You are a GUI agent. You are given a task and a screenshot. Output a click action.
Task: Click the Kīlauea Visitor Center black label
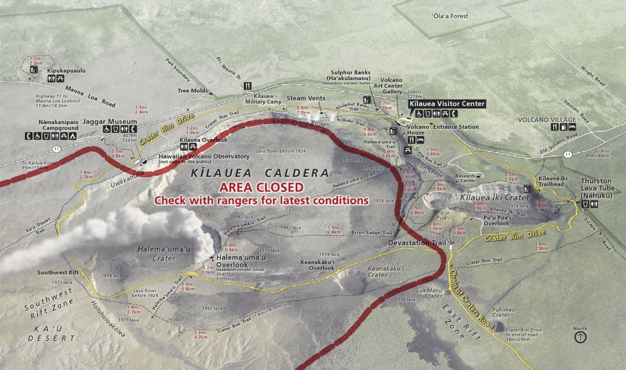pyautogui.click(x=447, y=103)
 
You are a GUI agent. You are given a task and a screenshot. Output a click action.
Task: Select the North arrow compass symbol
pyautogui.click(x=580, y=336)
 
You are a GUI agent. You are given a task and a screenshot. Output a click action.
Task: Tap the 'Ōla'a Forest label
pyautogui.click(x=450, y=16)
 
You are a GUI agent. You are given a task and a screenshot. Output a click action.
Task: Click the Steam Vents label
pyautogui.click(x=306, y=98)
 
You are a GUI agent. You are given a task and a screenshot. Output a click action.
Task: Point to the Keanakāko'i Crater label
pyautogui.click(x=377, y=272)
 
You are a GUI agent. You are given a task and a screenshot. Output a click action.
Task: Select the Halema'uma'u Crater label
pyautogui.click(x=156, y=253)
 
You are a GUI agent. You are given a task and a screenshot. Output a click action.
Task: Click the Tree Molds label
pyautogui.click(x=192, y=90)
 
